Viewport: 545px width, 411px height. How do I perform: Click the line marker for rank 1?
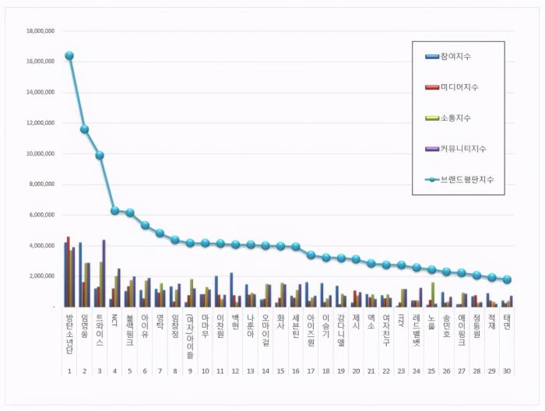pyautogui.click(x=69, y=55)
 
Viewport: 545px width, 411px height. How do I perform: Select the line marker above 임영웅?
pyautogui.click(x=84, y=129)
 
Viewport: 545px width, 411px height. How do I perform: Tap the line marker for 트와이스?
pyautogui.click(x=100, y=155)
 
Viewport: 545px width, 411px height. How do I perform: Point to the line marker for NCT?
pyautogui.click(x=114, y=210)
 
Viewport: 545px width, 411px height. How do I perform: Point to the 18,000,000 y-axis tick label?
pyautogui.click(x=40, y=31)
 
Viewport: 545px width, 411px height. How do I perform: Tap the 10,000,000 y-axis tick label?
pyautogui.click(x=40, y=153)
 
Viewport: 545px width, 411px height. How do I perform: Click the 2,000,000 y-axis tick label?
pyautogui.click(x=42, y=276)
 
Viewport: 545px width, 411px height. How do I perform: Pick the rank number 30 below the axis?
pyautogui.click(x=507, y=371)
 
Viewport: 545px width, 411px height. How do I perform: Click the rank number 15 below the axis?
pyautogui.click(x=280, y=371)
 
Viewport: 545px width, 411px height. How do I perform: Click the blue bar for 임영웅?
pyautogui.click(x=80, y=275)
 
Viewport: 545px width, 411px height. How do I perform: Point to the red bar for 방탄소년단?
pyautogui.click(x=69, y=272)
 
